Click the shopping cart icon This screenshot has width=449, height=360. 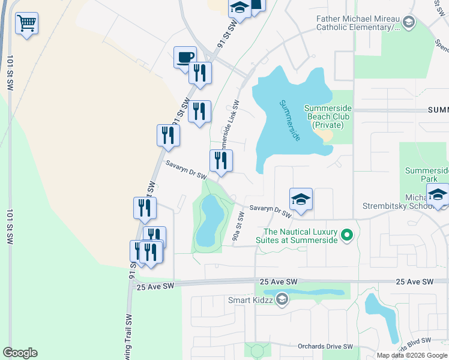(x=26, y=24)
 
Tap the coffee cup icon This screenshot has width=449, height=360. (x=185, y=58)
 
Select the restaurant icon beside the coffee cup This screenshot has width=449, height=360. (x=200, y=73)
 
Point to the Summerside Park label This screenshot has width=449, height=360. (x=427, y=175)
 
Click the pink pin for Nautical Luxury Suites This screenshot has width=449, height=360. (x=346, y=235)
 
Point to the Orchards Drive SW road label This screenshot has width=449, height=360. (x=325, y=347)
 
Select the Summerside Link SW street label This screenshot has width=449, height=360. (x=229, y=124)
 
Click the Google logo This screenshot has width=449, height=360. (x=20, y=353)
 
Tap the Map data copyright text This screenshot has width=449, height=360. (x=412, y=355)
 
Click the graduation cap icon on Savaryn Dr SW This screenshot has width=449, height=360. (x=301, y=199)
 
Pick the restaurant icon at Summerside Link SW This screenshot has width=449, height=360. (x=221, y=161)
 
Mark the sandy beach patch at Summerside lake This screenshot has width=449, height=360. (x=327, y=136)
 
